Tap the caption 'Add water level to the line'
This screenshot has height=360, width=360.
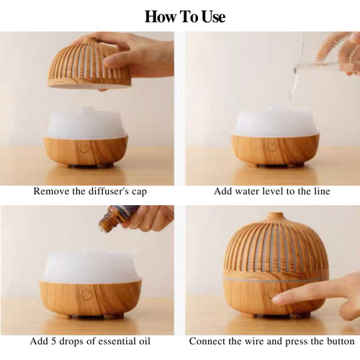[271, 192]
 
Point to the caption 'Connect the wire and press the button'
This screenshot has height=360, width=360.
[271, 341]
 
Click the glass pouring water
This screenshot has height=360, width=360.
[317, 63]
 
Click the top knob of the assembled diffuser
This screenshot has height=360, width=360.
[275, 215]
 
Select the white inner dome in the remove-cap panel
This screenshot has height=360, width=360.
[86, 124]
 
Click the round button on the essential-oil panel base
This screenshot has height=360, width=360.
[86, 294]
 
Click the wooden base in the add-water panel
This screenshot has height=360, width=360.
[275, 150]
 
